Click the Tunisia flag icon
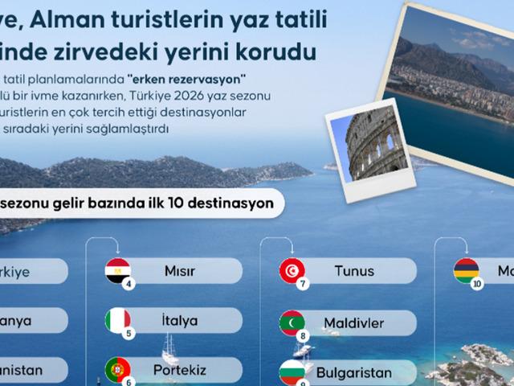291,271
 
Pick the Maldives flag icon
291,322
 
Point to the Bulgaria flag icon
291,372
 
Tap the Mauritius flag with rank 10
466,271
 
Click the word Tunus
354,271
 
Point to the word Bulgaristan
354,373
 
